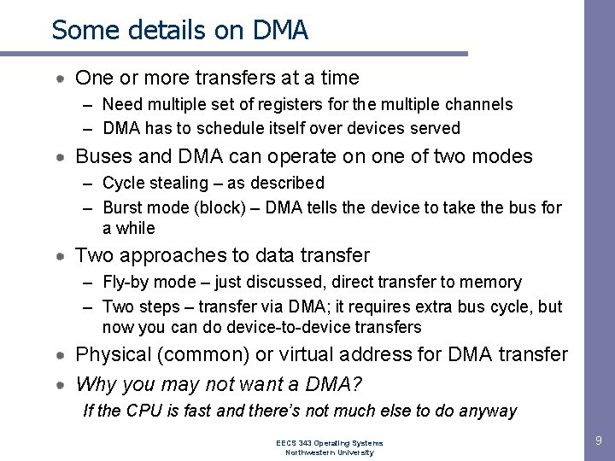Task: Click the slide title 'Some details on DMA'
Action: (x=179, y=30)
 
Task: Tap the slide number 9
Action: (x=599, y=441)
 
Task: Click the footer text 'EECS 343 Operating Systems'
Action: (x=329, y=443)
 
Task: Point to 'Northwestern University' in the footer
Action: (x=329, y=452)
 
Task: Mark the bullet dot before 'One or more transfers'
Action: (x=61, y=79)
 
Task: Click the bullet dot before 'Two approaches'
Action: (x=61, y=255)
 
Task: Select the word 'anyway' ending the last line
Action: (x=488, y=411)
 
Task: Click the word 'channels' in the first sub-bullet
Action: (x=482, y=105)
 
